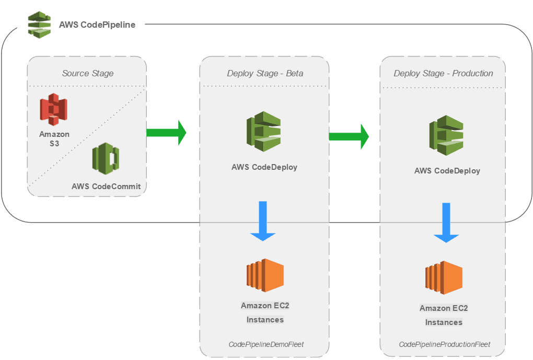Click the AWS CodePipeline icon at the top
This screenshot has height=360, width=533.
click(x=40, y=24)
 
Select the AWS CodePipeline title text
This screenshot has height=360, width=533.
click(x=97, y=25)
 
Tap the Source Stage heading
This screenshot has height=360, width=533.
click(x=88, y=73)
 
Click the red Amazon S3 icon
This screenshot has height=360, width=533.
click(x=54, y=109)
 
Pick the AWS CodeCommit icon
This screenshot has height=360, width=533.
click(x=106, y=158)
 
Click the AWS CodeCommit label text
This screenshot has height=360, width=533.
click(x=106, y=187)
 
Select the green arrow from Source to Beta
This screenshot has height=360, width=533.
click(x=166, y=133)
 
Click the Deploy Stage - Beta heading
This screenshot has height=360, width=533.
click(x=265, y=73)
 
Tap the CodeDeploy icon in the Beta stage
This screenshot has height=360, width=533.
click(x=264, y=131)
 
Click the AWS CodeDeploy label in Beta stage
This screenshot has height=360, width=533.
click(x=264, y=167)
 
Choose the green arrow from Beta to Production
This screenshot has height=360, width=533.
click(x=349, y=136)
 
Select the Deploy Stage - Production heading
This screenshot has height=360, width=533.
click(x=443, y=73)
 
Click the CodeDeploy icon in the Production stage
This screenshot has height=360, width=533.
click(x=446, y=135)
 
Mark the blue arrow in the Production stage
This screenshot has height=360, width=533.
click(x=446, y=223)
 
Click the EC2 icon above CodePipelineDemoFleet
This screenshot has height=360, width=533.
click(x=265, y=275)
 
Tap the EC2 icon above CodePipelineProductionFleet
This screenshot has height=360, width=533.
click(x=444, y=278)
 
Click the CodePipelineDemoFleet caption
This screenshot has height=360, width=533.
click(x=266, y=344)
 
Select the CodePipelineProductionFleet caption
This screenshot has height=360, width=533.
click(x=445, y=344)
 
